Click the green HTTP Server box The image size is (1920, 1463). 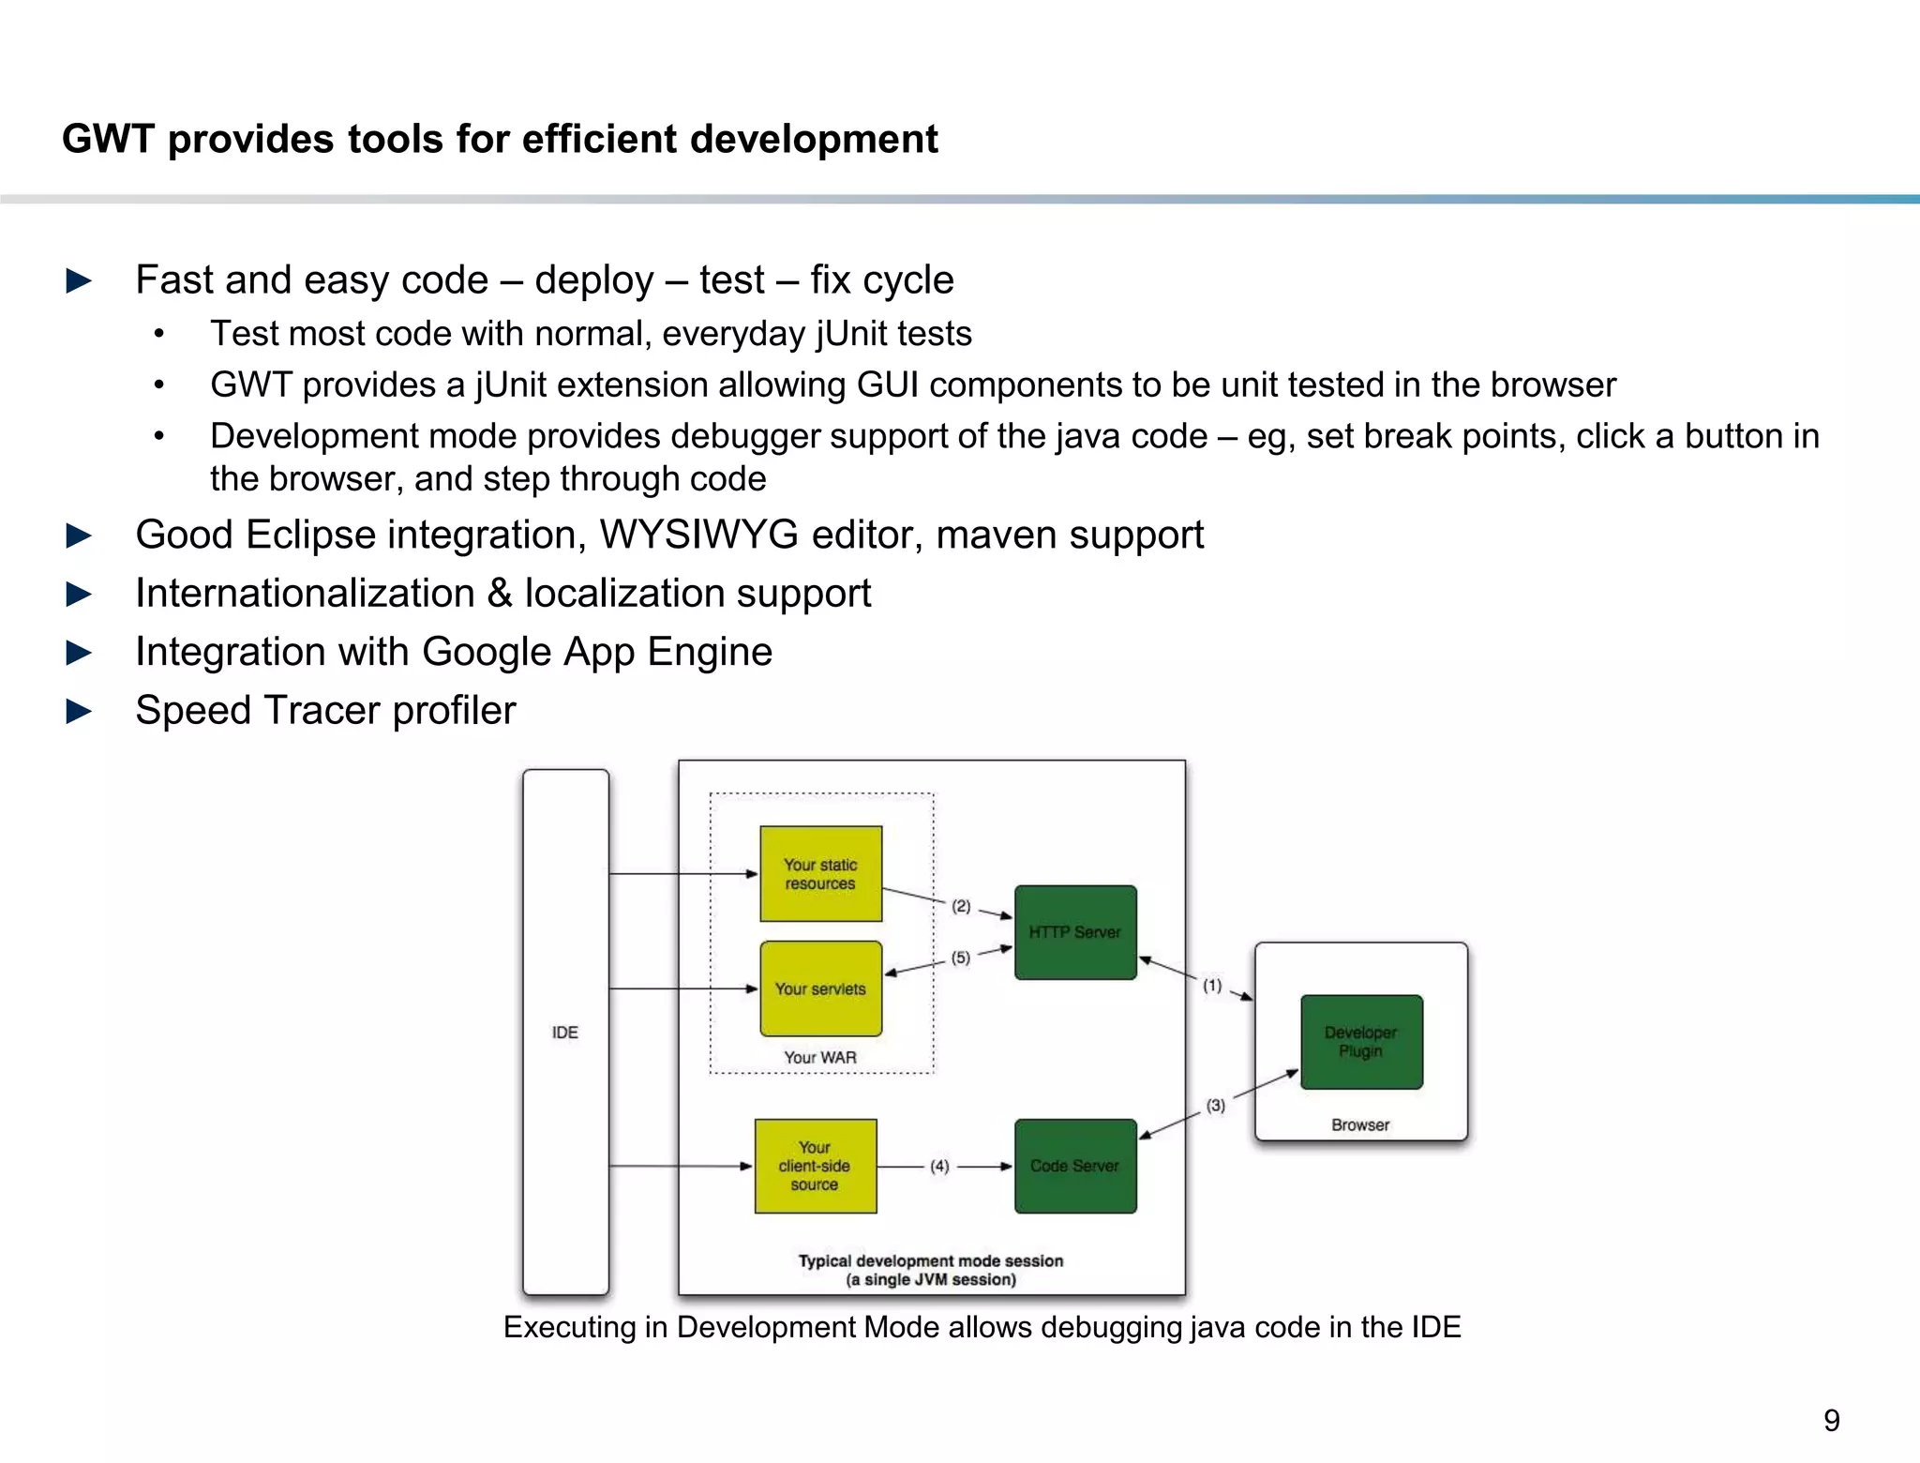coord(1075,932)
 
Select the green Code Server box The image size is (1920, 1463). coord(1075,1166)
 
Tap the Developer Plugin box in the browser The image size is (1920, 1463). coord(1361,1042)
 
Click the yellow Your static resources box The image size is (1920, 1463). coord(820,874)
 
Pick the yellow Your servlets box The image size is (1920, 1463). coord(820,988)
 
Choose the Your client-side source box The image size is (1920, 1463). coord(815,1166)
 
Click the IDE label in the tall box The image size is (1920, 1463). coord(565,1033)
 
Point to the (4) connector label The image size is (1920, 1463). coord(939,1167)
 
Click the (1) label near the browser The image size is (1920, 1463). coord(1212,986)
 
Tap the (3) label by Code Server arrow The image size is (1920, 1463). coord(1216,1106)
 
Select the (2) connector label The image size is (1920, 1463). coord(961,906)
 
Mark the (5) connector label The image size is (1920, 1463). coord(961,958)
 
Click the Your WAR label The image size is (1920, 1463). coord(820,1058)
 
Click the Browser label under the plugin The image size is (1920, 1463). coord(1360,1125)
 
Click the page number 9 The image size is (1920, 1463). coord(1831,1421)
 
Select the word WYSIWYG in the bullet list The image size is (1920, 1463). coord(698,535)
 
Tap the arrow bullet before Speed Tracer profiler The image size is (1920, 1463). coord(80,711)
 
